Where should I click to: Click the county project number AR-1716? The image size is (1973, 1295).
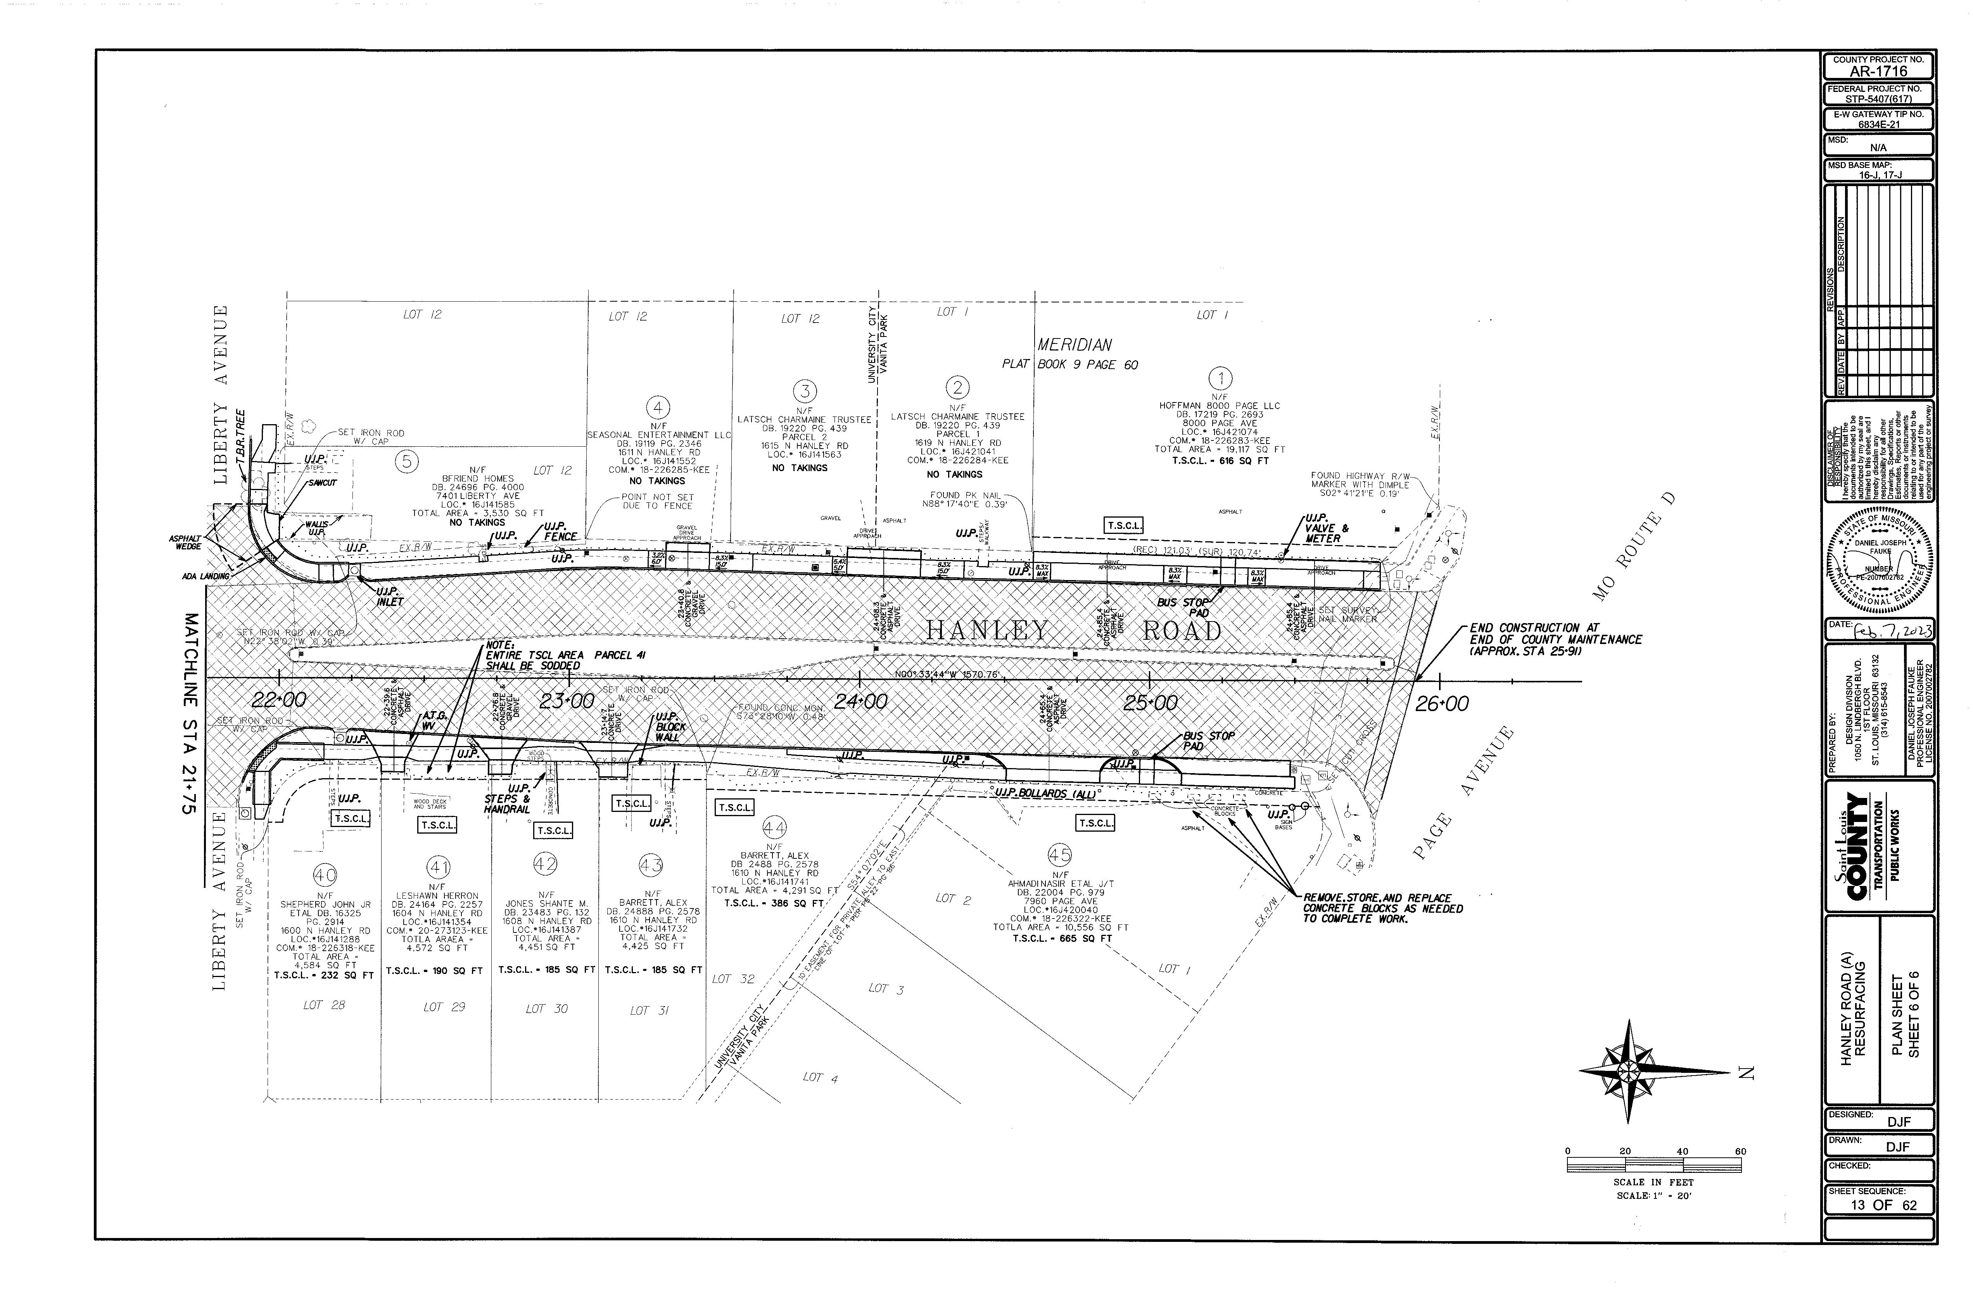pos(1878,71)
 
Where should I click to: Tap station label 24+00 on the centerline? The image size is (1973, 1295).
pos(860,701)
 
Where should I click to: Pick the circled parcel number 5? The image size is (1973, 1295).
pos(406,461)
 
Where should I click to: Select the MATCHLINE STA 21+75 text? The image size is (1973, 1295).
pos(190,713)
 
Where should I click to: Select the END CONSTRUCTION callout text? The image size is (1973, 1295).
pos(1555,639)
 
